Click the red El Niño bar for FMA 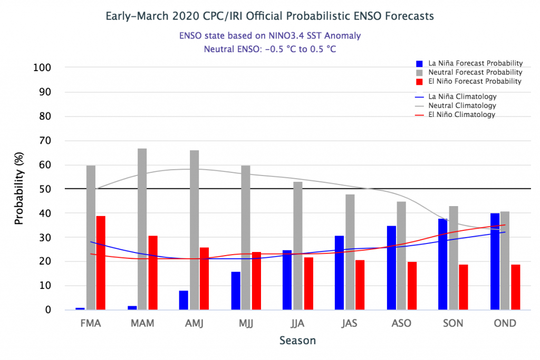tap(101, 263)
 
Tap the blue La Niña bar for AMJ tap(184, 300)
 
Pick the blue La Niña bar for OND tap(495, 261)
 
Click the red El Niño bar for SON tap(464, 287)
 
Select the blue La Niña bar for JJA tap(287, 280)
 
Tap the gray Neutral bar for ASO tap(402, 256)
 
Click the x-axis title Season tap(297, 340)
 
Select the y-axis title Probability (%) tap(20, 189)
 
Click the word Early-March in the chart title tap(136, 16)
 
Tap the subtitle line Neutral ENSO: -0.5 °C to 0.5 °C tap(269, 49)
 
